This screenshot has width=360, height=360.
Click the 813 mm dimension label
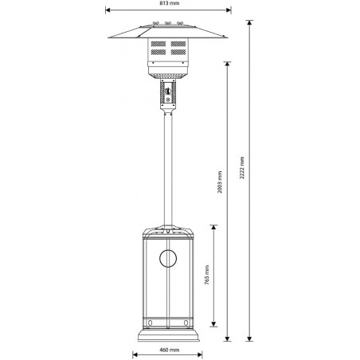click(168, 4)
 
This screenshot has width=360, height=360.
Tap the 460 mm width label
click(168, 349)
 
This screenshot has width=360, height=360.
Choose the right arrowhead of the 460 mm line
click(203, 342)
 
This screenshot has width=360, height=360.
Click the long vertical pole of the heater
click(168, 167)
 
